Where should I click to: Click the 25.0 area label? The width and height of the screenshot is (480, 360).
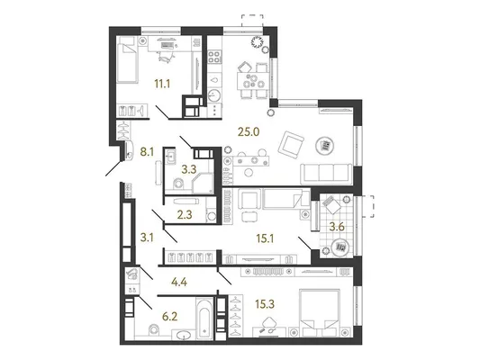(x=249, y=131)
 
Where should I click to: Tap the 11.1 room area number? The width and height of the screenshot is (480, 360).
(x=162, y=84)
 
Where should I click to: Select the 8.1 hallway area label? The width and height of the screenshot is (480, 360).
(x=147, y=151)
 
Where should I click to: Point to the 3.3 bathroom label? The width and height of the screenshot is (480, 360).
(x=189, y=169)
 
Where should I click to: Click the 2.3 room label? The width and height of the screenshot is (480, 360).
(x=185, y=215)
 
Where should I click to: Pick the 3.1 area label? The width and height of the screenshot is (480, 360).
(x=147, y=238)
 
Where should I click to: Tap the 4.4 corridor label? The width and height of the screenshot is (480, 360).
(x=179, y=282)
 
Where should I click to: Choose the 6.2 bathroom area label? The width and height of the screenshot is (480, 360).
(x=170, y=317)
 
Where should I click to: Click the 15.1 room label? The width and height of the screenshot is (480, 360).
(x=265, y=238)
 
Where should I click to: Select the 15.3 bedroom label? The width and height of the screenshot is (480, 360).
(x=265, y=304)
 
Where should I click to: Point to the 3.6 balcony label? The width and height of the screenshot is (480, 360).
(x=337, y=227)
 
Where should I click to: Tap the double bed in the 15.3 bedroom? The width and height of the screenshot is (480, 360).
(x=320, y=312)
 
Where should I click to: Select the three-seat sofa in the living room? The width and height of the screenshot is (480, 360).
(x=326, y=174)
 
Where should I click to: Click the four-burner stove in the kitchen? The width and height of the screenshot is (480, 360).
(x=214, y=57)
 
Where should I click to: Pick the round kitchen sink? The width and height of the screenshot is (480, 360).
(x=214, y=95)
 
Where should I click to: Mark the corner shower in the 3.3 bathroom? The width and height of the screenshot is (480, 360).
(x=203, y=183)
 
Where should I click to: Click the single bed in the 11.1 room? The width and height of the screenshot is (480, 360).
(x=127, y=60)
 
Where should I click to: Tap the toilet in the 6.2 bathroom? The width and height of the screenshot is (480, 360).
(x=154, y=331)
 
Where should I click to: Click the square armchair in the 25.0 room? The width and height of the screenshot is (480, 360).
(x=291, y=145)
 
